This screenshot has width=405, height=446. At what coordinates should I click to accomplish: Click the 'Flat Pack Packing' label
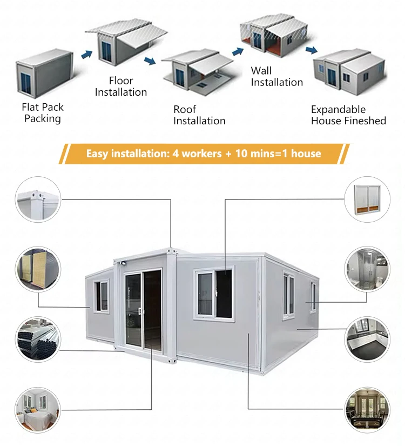[43, 112]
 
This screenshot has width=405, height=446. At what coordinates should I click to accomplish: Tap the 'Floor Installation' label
[121, 86]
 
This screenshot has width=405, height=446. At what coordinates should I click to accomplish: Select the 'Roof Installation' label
[199, 115]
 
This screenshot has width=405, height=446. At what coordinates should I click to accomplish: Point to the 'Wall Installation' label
[277, 77]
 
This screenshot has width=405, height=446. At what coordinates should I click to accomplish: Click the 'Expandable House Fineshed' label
[348, 115]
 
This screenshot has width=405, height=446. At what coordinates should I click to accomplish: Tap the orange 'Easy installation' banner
[204, 154]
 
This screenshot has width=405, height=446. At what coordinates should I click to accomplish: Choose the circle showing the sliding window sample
[367, 198]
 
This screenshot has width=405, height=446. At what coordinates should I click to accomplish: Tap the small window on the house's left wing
[102, 296]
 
